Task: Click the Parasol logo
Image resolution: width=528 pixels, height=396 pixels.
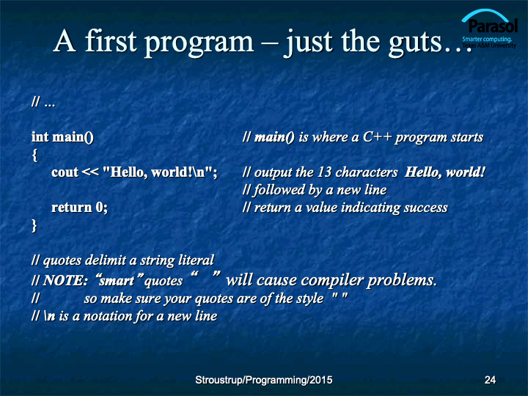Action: pos(489,29)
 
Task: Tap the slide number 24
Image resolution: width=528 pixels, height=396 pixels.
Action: pos(490,380)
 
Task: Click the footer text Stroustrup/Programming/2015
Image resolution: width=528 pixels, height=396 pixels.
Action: pos(264,380)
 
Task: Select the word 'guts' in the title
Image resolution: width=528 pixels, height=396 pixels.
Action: pos(415,43)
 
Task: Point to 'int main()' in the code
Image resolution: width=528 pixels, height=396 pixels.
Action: pos(62,137)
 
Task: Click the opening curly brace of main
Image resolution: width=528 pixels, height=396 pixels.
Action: pos(34,155)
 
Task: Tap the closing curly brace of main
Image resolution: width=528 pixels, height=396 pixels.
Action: pos(34,225)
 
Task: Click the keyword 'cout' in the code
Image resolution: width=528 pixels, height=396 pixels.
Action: pos(65,172)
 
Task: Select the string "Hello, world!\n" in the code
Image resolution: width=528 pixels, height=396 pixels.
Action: pos(158,172)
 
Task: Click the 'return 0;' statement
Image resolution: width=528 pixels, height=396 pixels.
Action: pos(79,208)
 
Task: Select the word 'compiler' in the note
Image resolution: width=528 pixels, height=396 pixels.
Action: pos(331,280)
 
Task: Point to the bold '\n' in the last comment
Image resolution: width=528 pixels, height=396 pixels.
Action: pos(50,316)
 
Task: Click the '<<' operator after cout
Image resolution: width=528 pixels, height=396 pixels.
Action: pos(90,172)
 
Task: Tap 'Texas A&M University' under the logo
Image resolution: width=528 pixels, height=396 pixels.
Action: pos(489,45)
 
